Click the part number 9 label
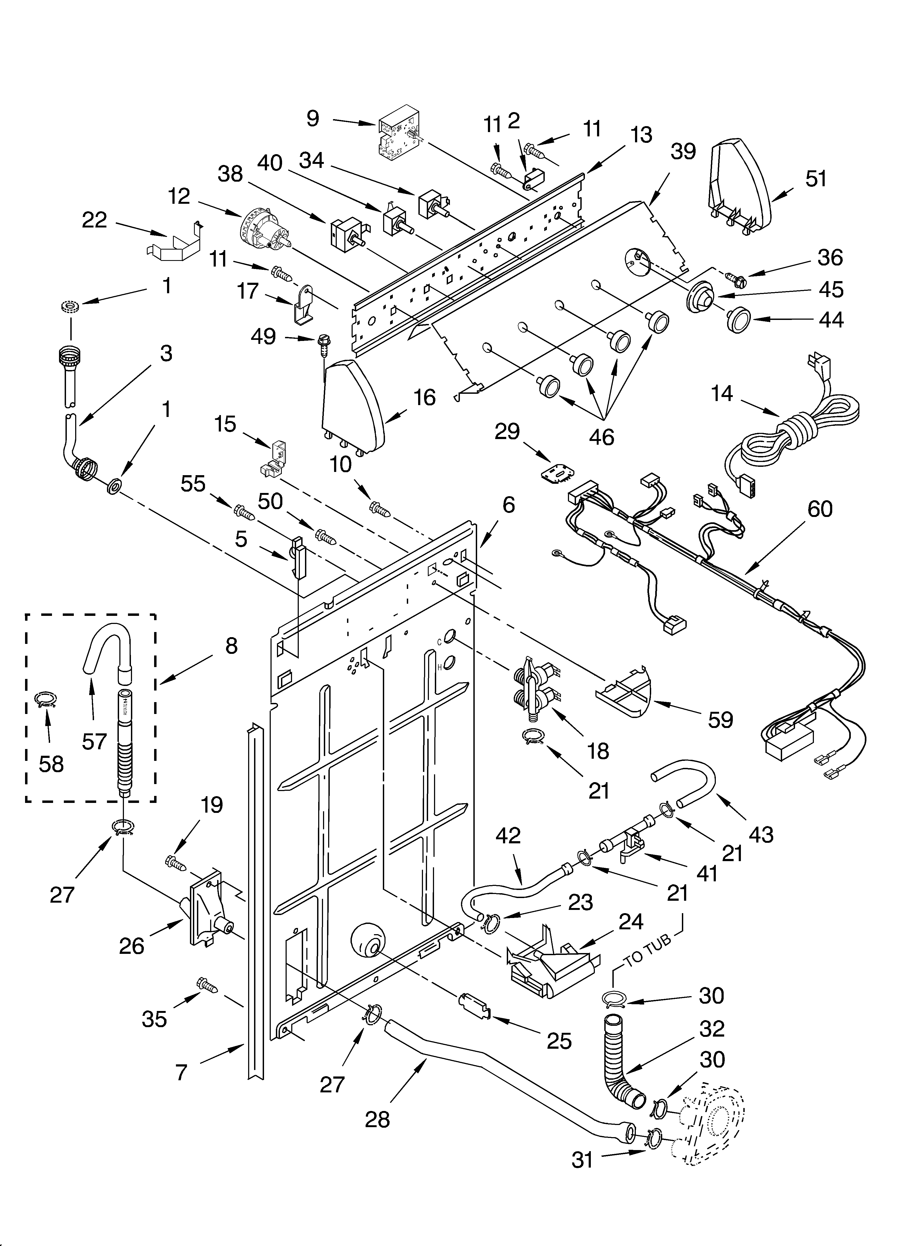pyautogui.click(x=313, y=119)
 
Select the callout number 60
pyautogui.click(x=820, y=509)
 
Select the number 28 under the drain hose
pyautogui.click(x=377, y=1119)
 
